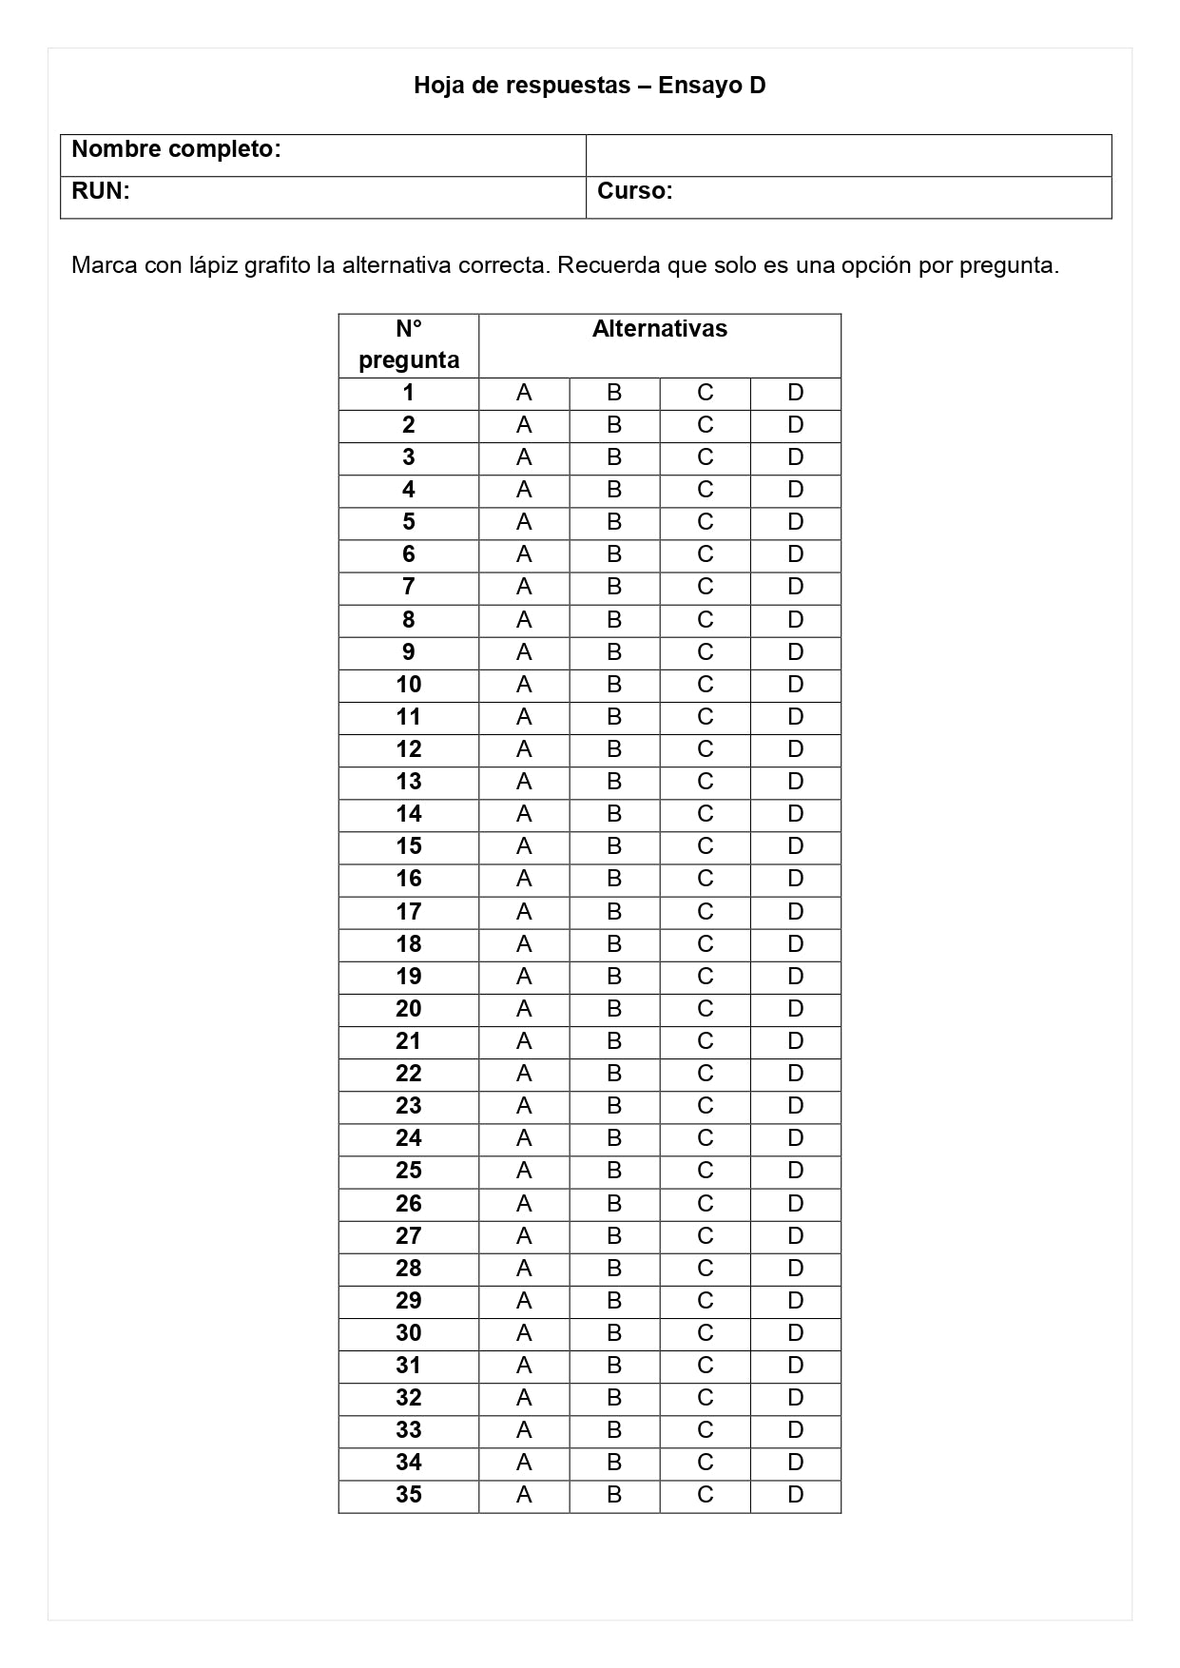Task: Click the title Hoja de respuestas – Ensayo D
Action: pyautogui.click(x=590, y=86)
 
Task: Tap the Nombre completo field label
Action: pyautogui.click(x=176, y=149)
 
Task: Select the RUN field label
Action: pyautogui.click(x=100, y=191)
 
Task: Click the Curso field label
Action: pyautogui.click(x=634, y=191)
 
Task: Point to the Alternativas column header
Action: pyautogui.click(x=659, y=329)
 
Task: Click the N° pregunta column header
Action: pyautogui.click(x=409, y=344)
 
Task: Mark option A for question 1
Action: pyautogui.click(x=524, y=393)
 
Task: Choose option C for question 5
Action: pyautogui.click(x=705, y=522)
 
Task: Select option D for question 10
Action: pyautogui.click(x=795, y=685)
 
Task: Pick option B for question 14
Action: pyautogui.click(x=614, y=814)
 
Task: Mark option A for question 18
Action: pyautogui.click(x=524, y=944)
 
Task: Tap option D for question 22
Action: pyautogui.click(x=795, y=1074)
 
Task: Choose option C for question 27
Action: pyautogui.click(x=705, y=1236)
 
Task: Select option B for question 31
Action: pyautogui.click(x=614, y=1366)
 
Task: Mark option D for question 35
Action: pyautogui.click(x=795, y=1495)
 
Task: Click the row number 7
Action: pyautogui.click(x=409, y=587)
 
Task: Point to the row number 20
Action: pyautogui.click(x=409, y=1009)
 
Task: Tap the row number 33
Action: pyautogui.click(x=409, y=1430)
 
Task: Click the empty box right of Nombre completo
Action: pyautogui.click(x=848, y=155)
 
